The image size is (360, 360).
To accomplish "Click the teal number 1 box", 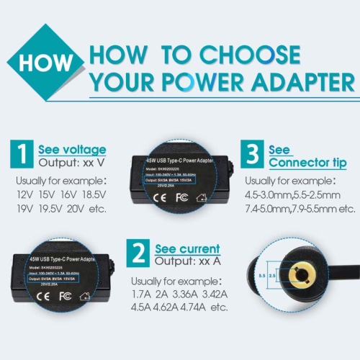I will [22, 154].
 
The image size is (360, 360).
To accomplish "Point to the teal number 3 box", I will [252, 153].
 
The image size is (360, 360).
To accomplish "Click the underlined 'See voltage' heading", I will [71, 150].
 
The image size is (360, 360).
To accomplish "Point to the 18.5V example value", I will [95, 194].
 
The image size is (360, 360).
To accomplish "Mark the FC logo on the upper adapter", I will [183, 196].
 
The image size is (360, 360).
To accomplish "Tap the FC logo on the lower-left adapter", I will [66, 296].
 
